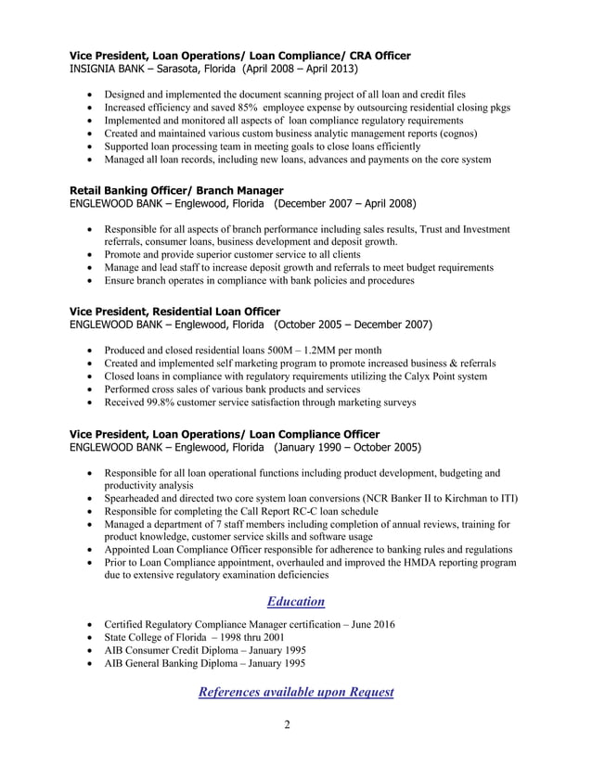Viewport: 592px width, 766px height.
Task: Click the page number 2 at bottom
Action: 288,725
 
